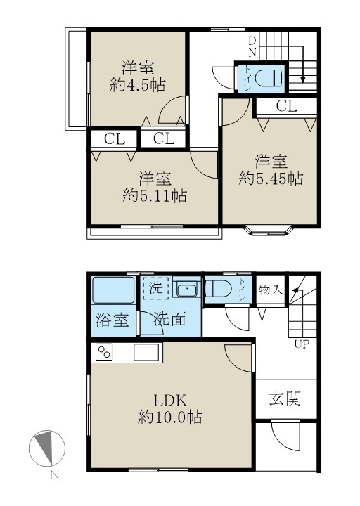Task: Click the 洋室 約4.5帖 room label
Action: (138, 77)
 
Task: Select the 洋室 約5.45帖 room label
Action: (271, 169)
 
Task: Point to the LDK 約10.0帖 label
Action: (169, 409)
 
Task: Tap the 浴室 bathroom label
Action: (112, 320)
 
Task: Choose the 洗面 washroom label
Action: (170, 320)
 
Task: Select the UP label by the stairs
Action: (300, 344)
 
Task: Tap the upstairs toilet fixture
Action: (268, 78)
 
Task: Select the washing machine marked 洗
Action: (157, 290)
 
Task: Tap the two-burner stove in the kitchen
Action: (105, 351)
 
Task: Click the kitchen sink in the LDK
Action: (148, 351)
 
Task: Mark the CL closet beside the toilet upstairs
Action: (286, 107)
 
